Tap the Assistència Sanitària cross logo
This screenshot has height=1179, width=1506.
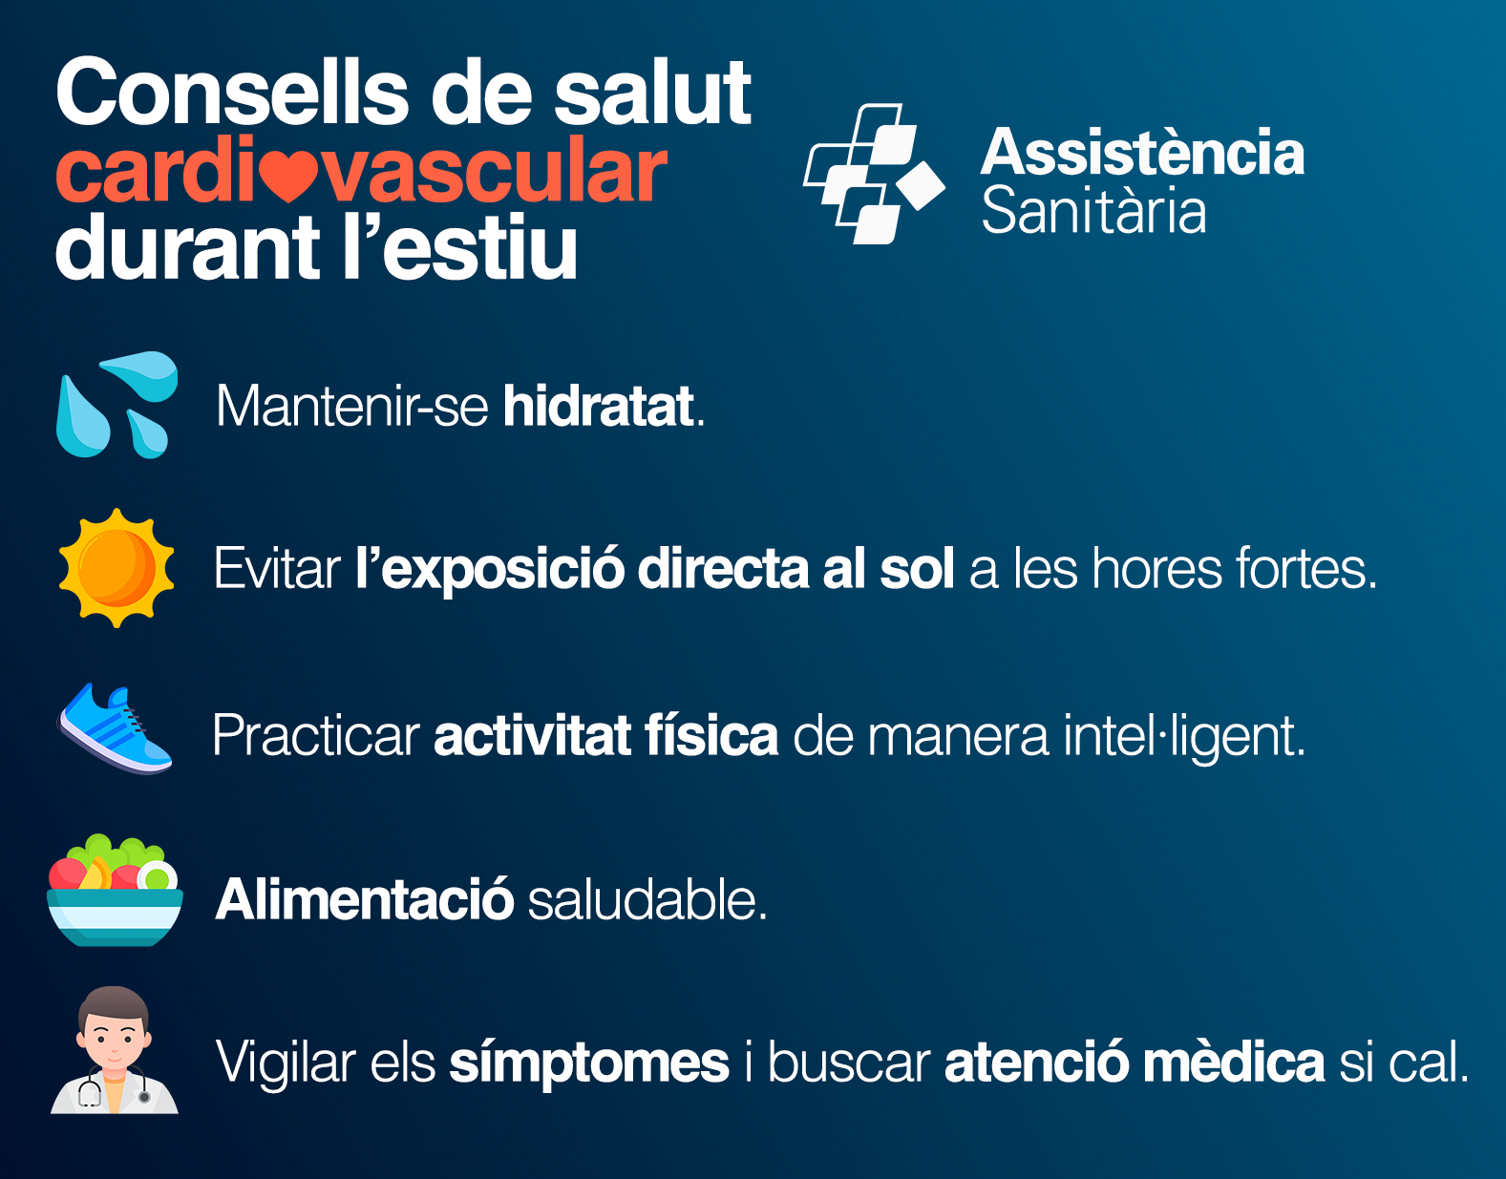point(874,174)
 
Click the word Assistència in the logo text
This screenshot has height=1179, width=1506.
point(1142,152)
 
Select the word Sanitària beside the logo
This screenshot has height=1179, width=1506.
point(1093,210)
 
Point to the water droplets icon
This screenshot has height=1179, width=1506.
point(117,405)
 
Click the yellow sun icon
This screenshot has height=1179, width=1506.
point(117,568)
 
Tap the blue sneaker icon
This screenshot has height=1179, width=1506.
point(115,728)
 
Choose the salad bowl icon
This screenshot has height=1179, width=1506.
point(115,890)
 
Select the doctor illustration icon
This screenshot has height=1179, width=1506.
point(115,1050)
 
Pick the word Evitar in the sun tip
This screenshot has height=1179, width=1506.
point(277,569)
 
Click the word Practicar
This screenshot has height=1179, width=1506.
point(316,735)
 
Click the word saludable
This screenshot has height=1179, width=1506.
point(647,899)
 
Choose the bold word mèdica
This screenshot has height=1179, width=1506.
point(1234,1062)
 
